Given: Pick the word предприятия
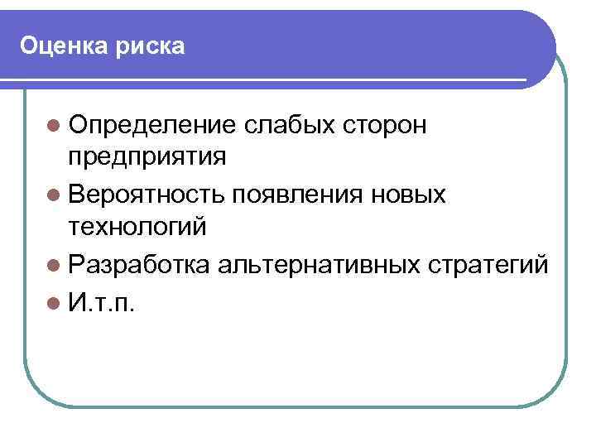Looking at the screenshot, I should click(148, 157).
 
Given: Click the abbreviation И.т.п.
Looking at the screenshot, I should click(103, 302).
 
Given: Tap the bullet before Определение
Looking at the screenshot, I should click(54, 126).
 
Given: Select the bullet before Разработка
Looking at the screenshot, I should click(54, 266).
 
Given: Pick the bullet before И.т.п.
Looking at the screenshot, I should click(54, 302).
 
